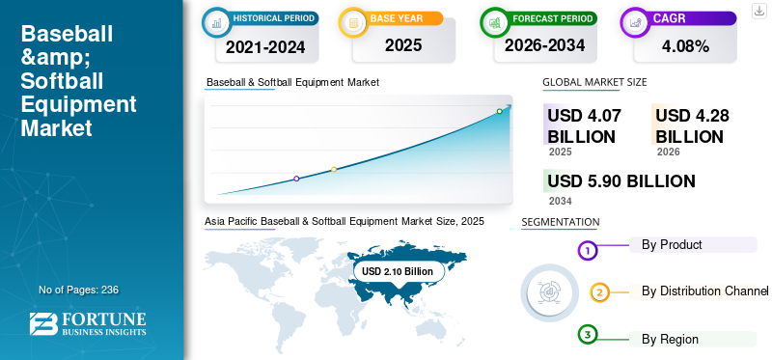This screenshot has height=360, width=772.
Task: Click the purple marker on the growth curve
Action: tap(296, 179)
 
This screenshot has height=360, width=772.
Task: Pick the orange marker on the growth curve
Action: tap(334, 169)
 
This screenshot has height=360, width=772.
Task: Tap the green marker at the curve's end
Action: tap(499, 111)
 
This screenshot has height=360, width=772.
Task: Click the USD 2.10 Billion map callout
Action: tap(398, 272)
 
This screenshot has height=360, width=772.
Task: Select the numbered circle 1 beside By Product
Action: tap(588, 250)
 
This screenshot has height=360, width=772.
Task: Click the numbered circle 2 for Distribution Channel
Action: tap(599, 292)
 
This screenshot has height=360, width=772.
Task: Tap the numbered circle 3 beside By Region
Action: tap(588, 335)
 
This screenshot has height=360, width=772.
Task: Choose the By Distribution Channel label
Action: tap(704, 291)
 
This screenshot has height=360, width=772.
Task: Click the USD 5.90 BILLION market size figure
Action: tap(620, 180)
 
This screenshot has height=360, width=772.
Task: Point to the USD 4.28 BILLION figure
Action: tap(692, 125)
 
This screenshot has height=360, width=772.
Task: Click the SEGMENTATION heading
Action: tap(560, 222)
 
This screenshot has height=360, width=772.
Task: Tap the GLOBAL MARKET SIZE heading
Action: tap(594, 83)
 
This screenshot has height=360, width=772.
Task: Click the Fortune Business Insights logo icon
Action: tap(44, 325)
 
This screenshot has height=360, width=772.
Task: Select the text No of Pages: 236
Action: tap(78, 290)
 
